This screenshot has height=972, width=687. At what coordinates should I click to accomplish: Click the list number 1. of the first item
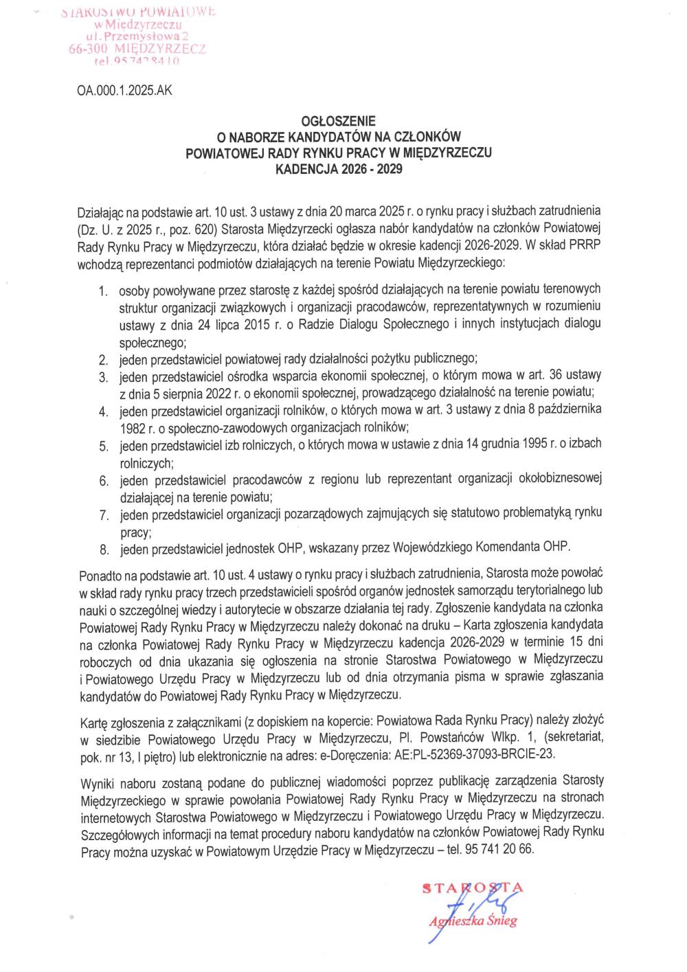(x=104, y=293)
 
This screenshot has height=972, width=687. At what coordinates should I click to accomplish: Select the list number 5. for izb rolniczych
(x=104, y=447)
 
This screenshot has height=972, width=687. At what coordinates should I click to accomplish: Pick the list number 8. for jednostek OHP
(x=104, y=550)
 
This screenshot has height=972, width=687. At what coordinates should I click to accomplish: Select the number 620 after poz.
(x=195, y=227)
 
